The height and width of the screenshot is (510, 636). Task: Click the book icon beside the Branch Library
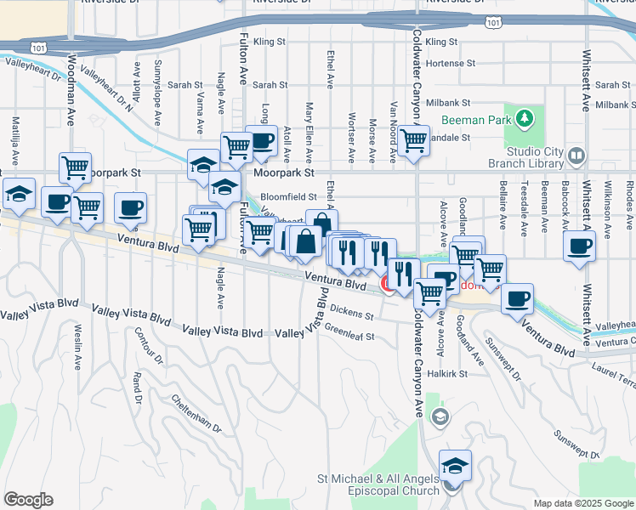(x=577, y=155)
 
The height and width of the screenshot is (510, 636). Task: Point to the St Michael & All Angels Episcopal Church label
(x=379, y=484)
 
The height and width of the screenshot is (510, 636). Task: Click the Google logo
(x=28, y=500)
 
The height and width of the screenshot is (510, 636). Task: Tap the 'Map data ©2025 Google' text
(x=583, y=503)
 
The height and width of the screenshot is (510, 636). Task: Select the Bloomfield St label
(x=289, y=197)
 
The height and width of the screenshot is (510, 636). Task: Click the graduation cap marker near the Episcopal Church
(x=455, y=466)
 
